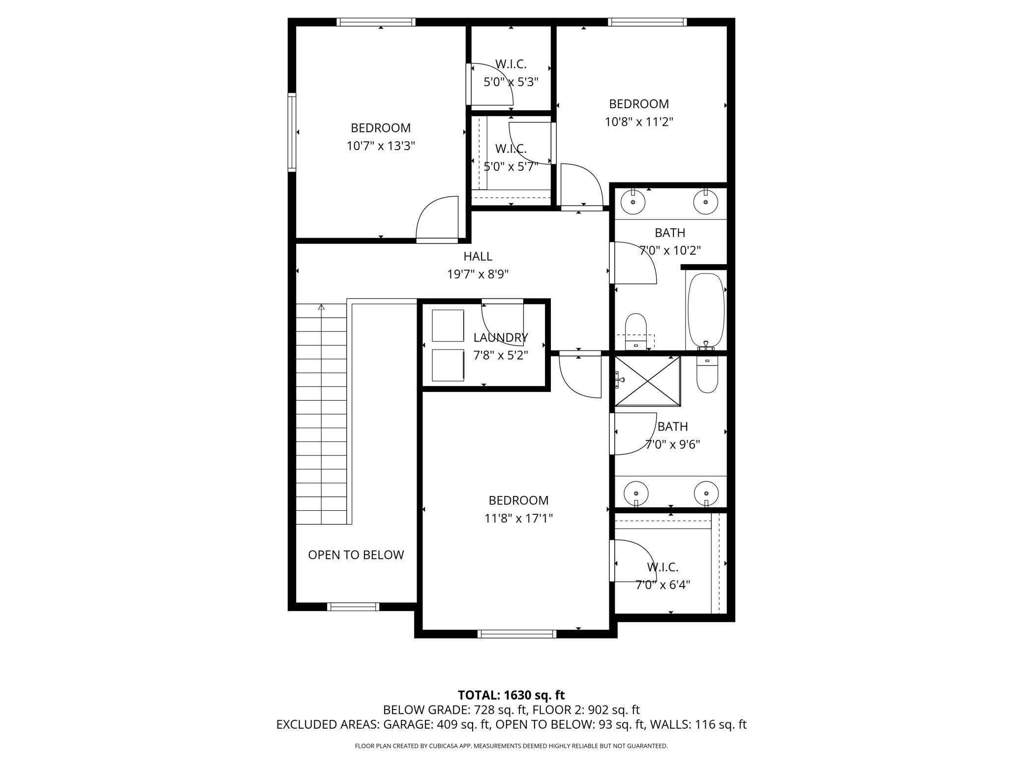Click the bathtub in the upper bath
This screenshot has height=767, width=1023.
click(x=706, y=311)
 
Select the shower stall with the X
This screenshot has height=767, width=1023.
click(x=648, y=381)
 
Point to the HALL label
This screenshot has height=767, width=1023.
click(x=478, y=256)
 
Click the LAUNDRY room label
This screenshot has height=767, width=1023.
click(x=501, y=337)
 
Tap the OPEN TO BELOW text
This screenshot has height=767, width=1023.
click(x=356, y=555)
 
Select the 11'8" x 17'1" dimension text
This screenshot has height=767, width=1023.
click(x=518, y=518)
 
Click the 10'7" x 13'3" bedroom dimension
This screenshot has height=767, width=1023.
click(x=381, y=146)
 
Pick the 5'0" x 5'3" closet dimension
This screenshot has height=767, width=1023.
click(x=511, y=82)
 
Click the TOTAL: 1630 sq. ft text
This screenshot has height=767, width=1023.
click(x=511, y=695)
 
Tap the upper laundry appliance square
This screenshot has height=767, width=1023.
click(x=448, y=325)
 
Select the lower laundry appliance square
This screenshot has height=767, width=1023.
click(x=448, y=365)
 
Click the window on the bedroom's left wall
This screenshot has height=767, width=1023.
click(x=292, y=132)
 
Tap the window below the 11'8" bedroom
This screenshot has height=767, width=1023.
click(x=517, y=634)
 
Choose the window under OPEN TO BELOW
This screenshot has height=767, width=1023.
click(x=353, y=607)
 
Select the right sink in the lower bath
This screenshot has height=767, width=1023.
click(x=706, y=493)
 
